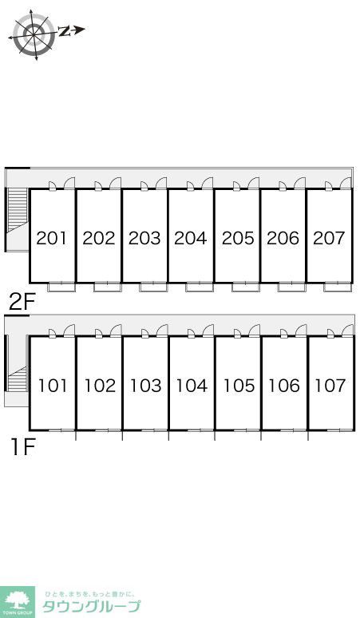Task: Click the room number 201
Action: point(52,238)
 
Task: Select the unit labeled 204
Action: point(191,238)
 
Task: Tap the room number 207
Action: point(329,238)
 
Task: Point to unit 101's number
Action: point(53,386)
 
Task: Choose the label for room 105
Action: point(239,386)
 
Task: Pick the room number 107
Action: point(330,386)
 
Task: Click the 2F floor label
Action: point(22,303)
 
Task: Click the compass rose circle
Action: point(34,34)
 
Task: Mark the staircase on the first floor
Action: point(18,378)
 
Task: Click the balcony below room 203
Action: point(153,287)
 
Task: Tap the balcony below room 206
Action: point(292,287)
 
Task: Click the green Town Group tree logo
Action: point(18,602)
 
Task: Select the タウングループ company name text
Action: point(91,606)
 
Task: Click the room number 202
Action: point(99,238)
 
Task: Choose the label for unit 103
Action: point(146,386)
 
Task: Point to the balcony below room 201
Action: point(61,287)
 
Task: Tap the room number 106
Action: point(284,386)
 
